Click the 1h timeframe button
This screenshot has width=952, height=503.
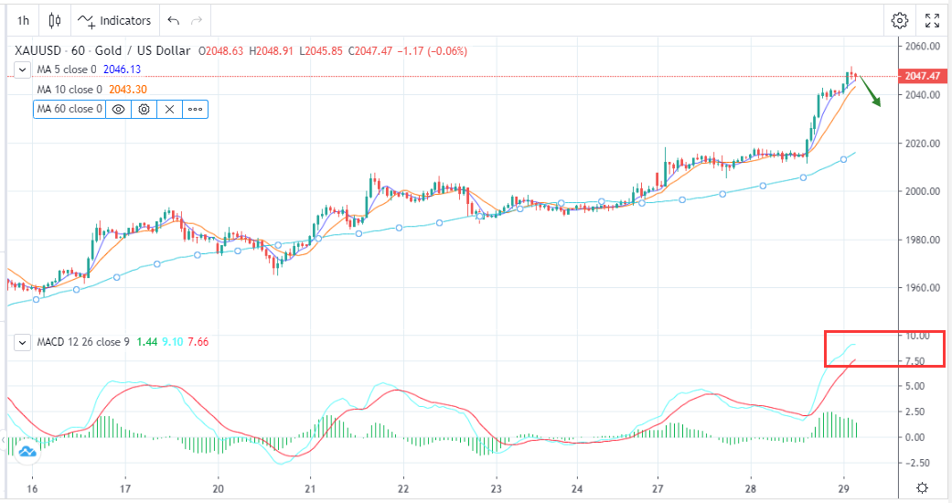click(23, 20)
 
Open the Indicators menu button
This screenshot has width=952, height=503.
click(115, 20)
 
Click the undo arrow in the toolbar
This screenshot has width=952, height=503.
click(174, 20)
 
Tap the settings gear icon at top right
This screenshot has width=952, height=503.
click(900, 20)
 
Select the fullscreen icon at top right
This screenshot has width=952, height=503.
click(932, 20)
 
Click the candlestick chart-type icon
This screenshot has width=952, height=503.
click(55, 20)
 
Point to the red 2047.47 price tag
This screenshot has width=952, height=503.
click(920, 77)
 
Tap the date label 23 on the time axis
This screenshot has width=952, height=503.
click(496, 487)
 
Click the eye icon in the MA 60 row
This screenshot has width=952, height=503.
click(117, 109)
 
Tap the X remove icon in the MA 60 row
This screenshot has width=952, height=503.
click(169, 109)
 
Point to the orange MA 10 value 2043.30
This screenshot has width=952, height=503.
click(127, 90)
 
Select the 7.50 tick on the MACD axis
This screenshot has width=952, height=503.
click(917, 361)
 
